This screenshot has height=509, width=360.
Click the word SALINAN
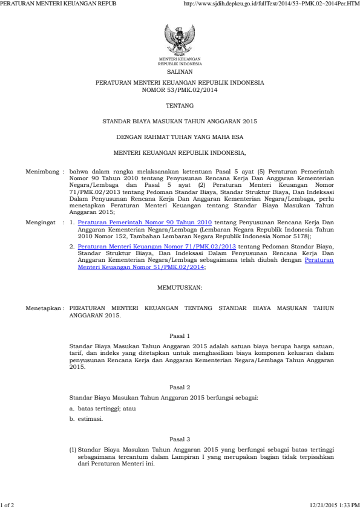click(180, 71)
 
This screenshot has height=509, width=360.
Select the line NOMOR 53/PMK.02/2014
click(180, 89)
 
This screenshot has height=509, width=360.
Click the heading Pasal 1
click(180, 335)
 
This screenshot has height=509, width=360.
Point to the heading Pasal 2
click(180, 386)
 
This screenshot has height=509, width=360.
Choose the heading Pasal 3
click(180, 438)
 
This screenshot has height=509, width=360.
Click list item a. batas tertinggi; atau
click(102, 409)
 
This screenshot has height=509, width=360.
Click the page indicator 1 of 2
click(10, 504)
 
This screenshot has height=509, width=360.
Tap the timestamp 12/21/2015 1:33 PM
click(332, 504)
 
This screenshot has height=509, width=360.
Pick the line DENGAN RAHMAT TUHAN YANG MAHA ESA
click(180, 137)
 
